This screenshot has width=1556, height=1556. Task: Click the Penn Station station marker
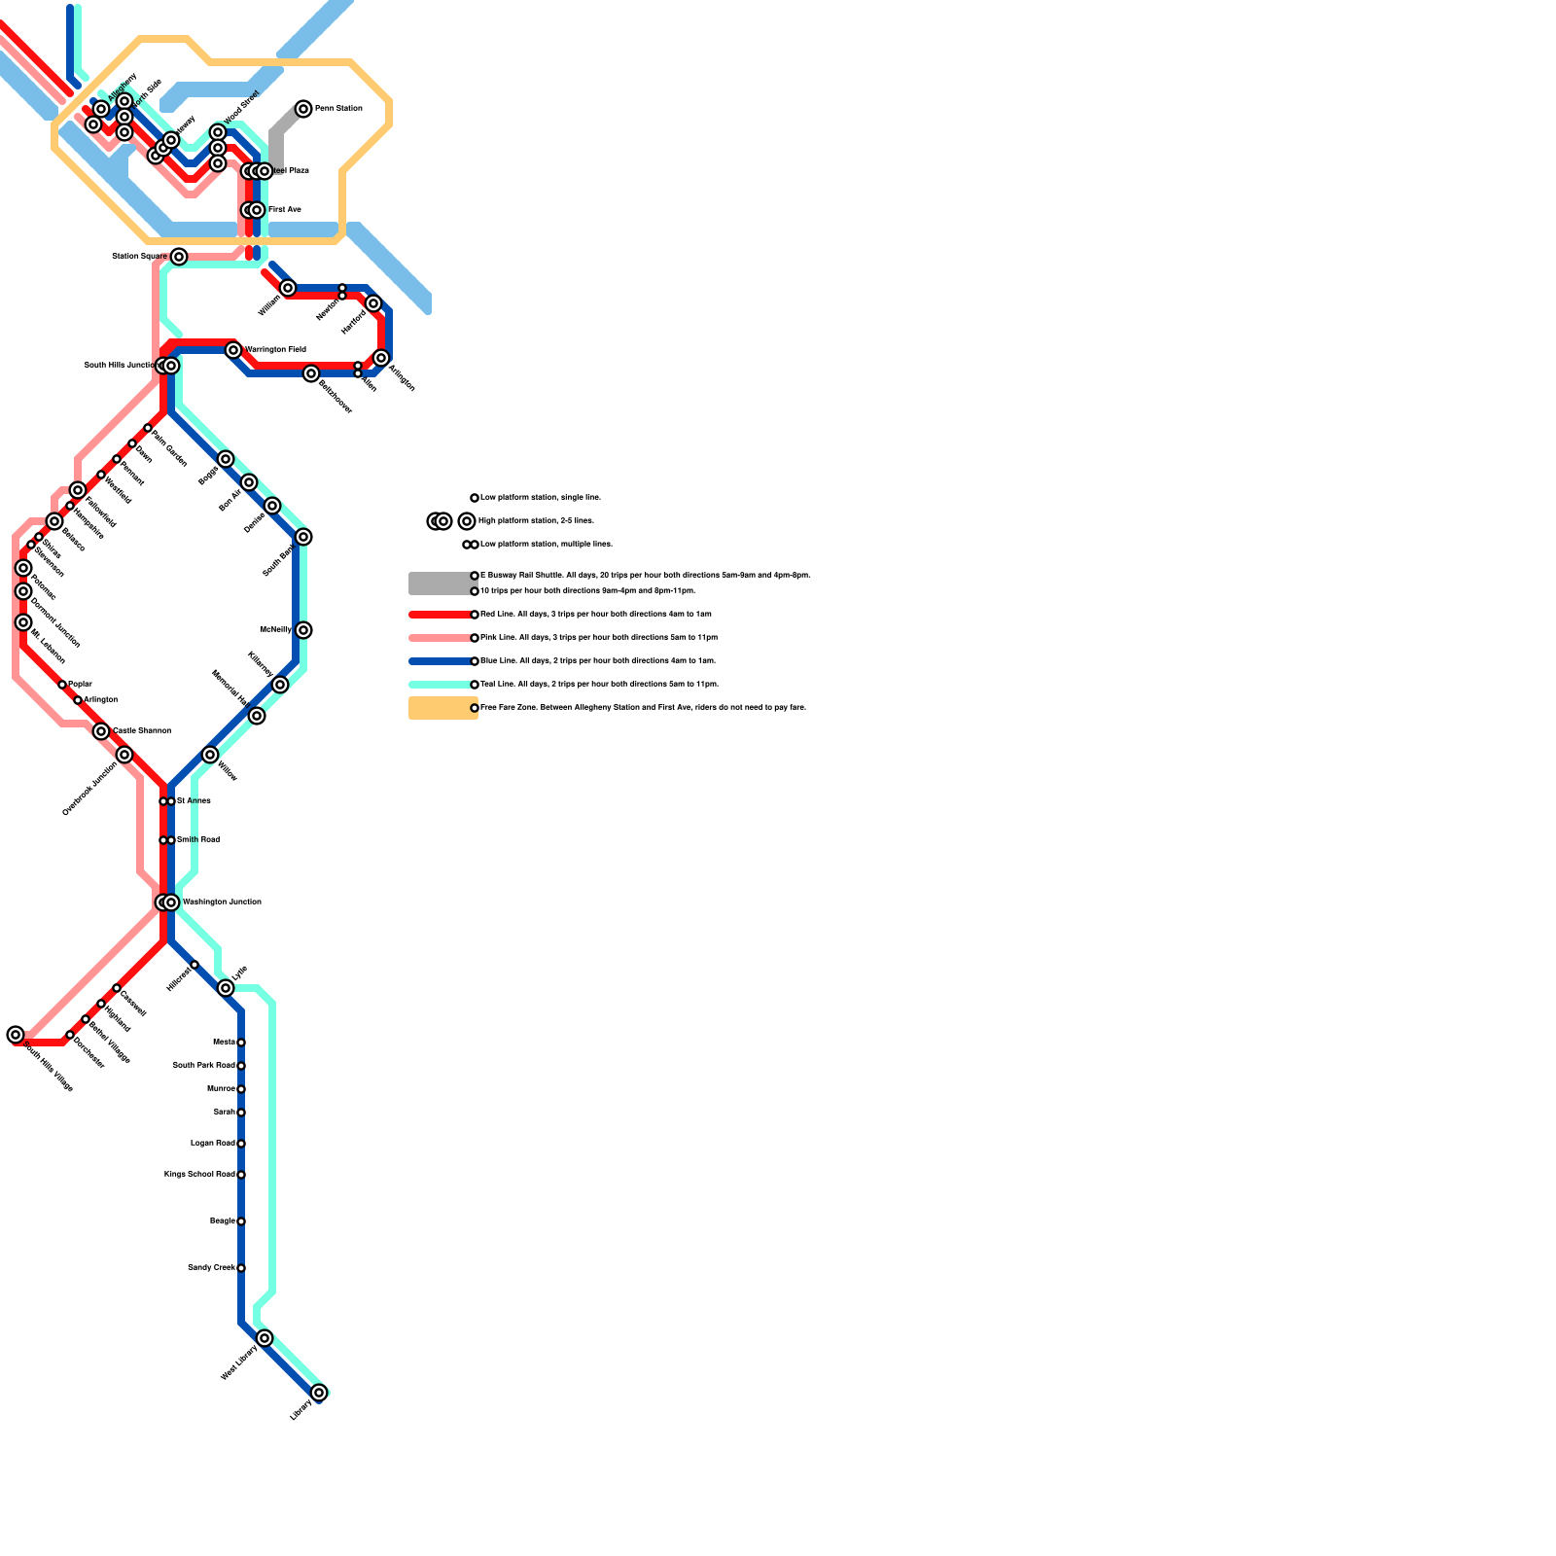pyautogui.click(x=303, y=109)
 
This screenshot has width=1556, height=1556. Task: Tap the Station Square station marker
pyautogui.click(x=179, y=257)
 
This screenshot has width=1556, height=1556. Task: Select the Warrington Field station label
pyautogui.click(x=276, y=350)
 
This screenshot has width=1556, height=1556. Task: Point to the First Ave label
pyautogui.click(x=285, y=210)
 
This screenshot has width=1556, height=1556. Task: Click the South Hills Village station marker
pyautogui.click(x=16, y=1035)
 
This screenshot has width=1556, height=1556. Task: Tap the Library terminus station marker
pyautogui.click(x=319, y=1393)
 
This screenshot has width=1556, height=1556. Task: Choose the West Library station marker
pyautogui.click(x=265, y=1338)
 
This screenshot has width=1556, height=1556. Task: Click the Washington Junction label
pyautogui.click(x=222, y=902)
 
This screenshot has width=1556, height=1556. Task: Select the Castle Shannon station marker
pyautogui.click(x=101, y=731)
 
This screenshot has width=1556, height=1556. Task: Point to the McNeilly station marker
pyautogui.click(x=303, y=630)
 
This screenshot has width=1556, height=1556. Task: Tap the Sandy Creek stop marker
pyautogui.click(x=241, y=1268)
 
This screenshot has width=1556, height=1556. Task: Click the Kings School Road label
pyautogui.click(x=199, y=1175)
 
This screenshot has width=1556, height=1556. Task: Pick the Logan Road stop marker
pyautogui.click(x=241, y=1144)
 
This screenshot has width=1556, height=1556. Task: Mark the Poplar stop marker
pyautogui.click(x=62, y=685)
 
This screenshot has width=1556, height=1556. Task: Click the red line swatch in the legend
pyautogui.click(x=440, y=615)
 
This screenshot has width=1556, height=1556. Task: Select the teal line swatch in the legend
pyautogui.click(x=440, y=685)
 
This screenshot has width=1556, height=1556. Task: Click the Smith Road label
pyautogui.click(x=198, y=840)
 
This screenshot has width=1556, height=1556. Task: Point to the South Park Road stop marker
pyautogui.click(x=241, y=1066)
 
